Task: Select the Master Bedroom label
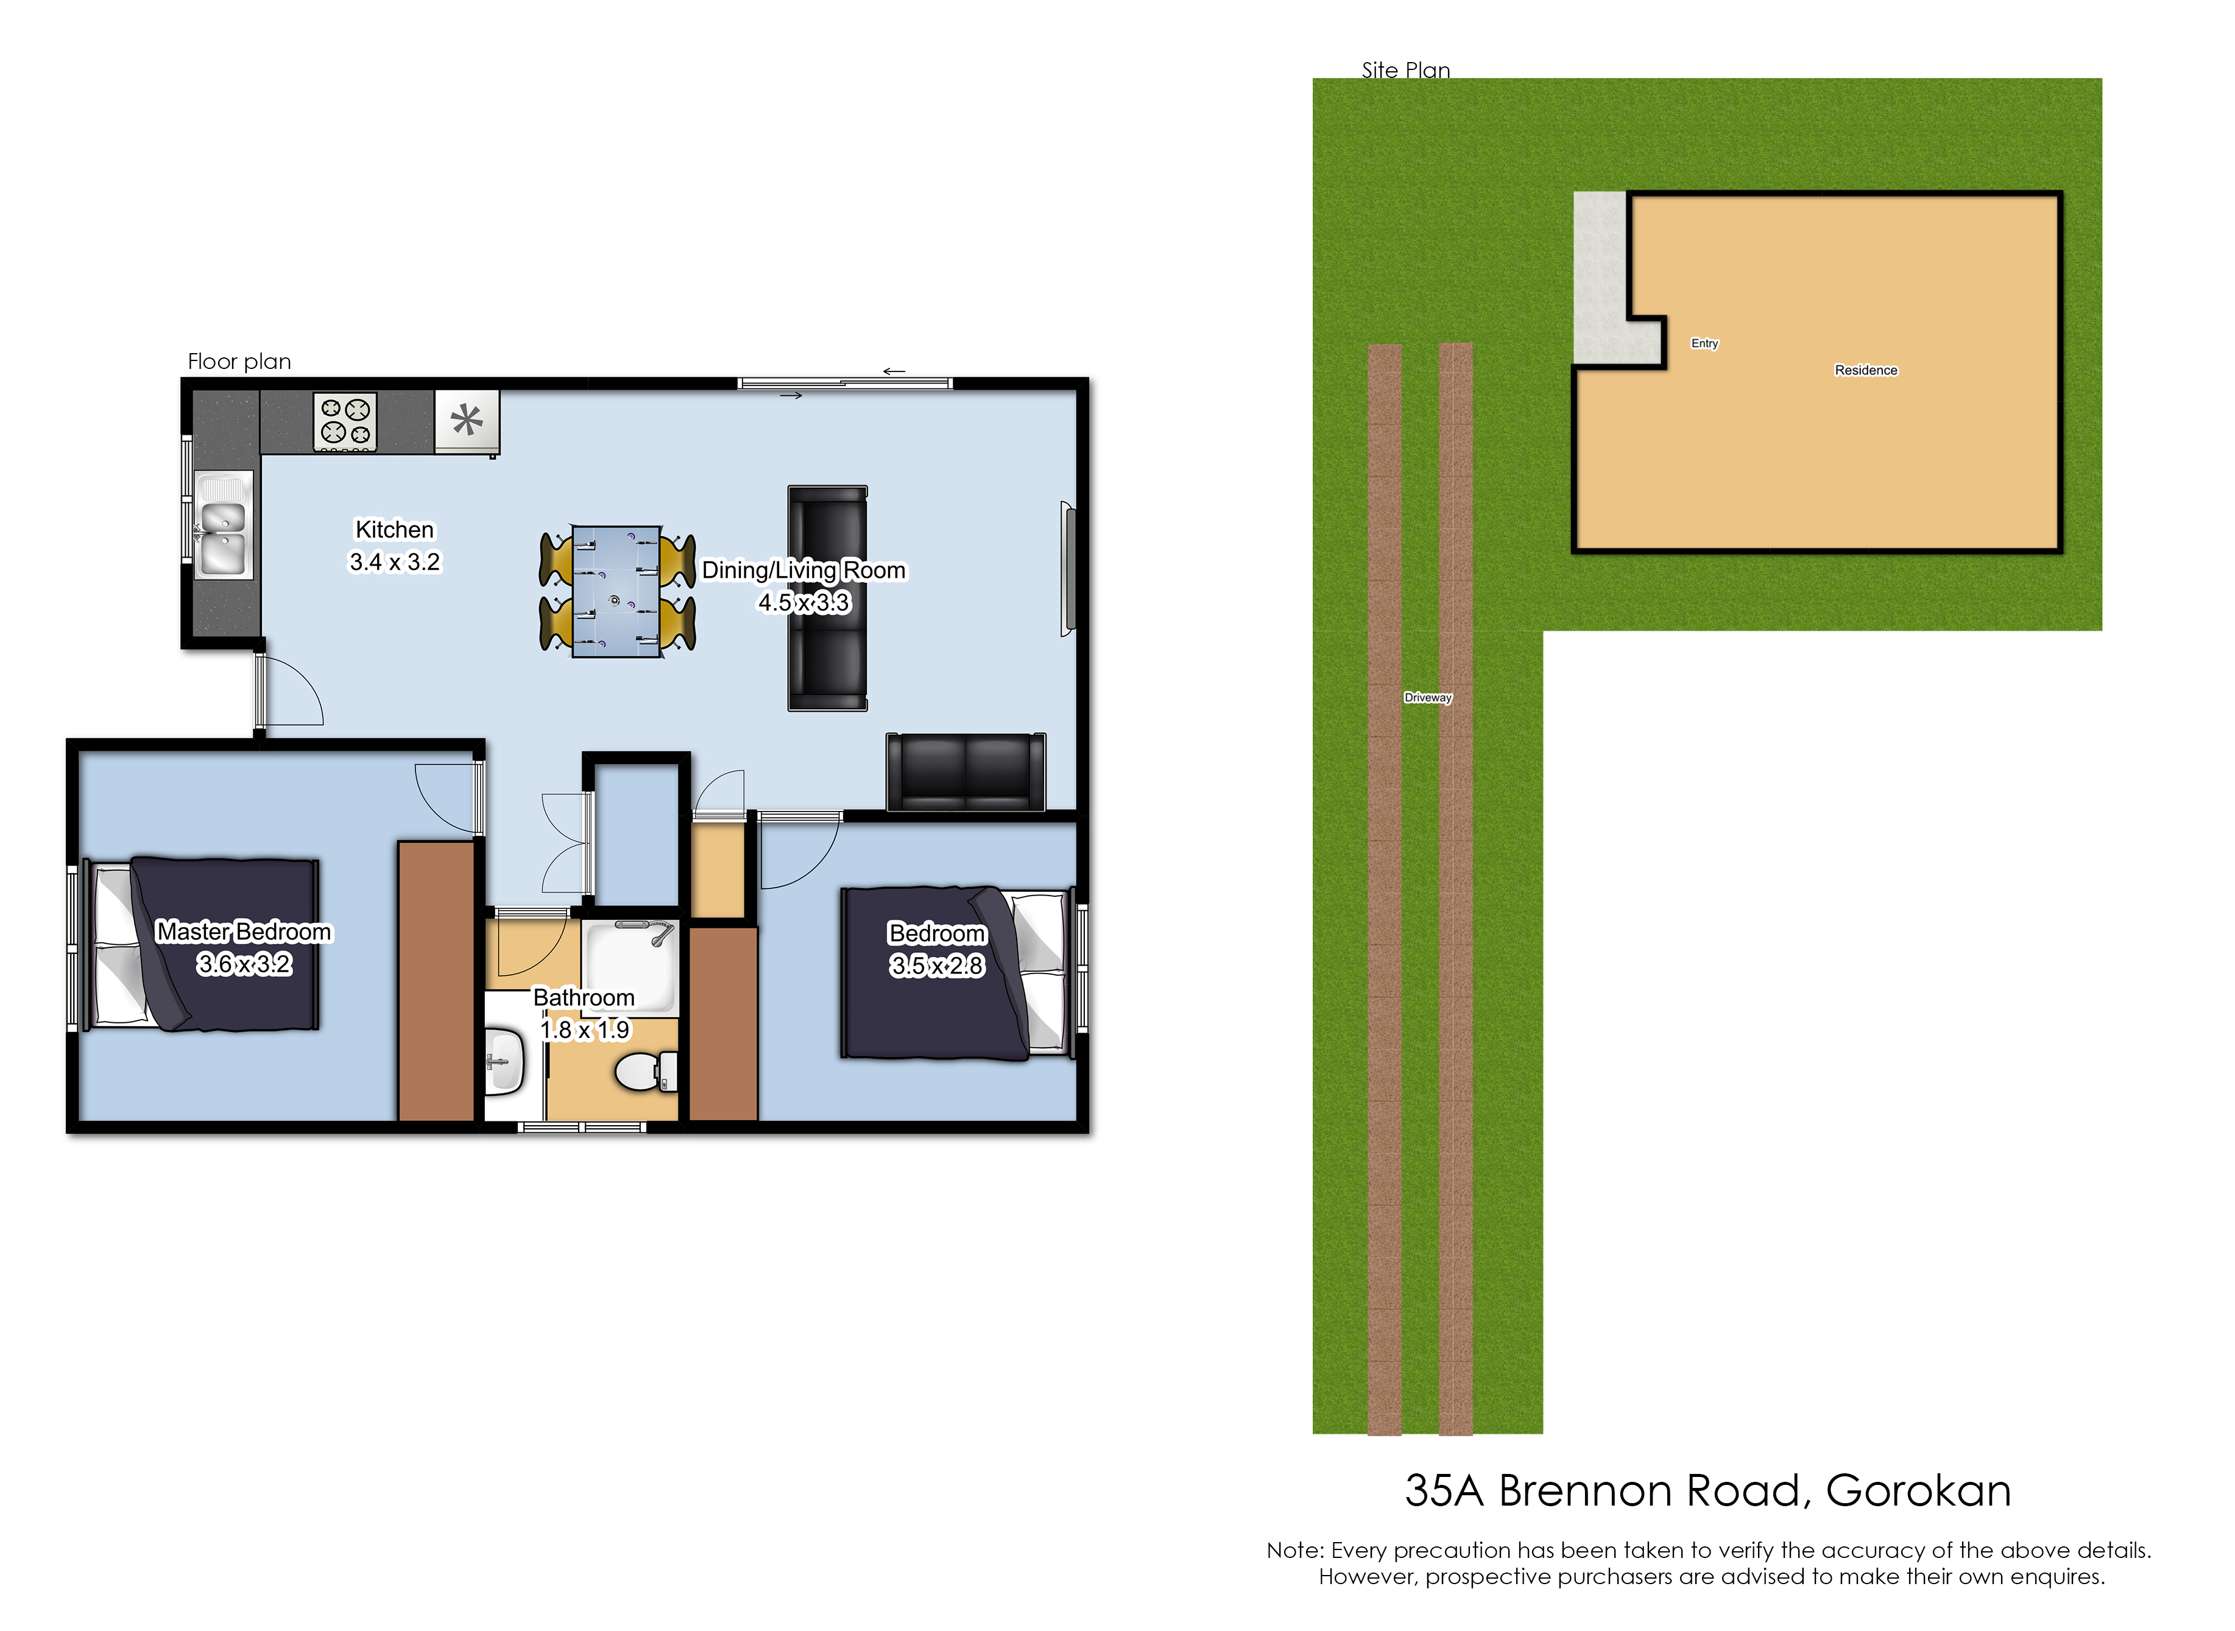tap(244, 932)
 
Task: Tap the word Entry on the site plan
tap(1704, 343)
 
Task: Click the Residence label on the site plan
tap(1866, 370)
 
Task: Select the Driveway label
tap(1428, 697)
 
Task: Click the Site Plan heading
tap(1405, 70)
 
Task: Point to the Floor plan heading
tap(240, 362)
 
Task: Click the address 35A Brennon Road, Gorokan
tap(1707, 1491)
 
